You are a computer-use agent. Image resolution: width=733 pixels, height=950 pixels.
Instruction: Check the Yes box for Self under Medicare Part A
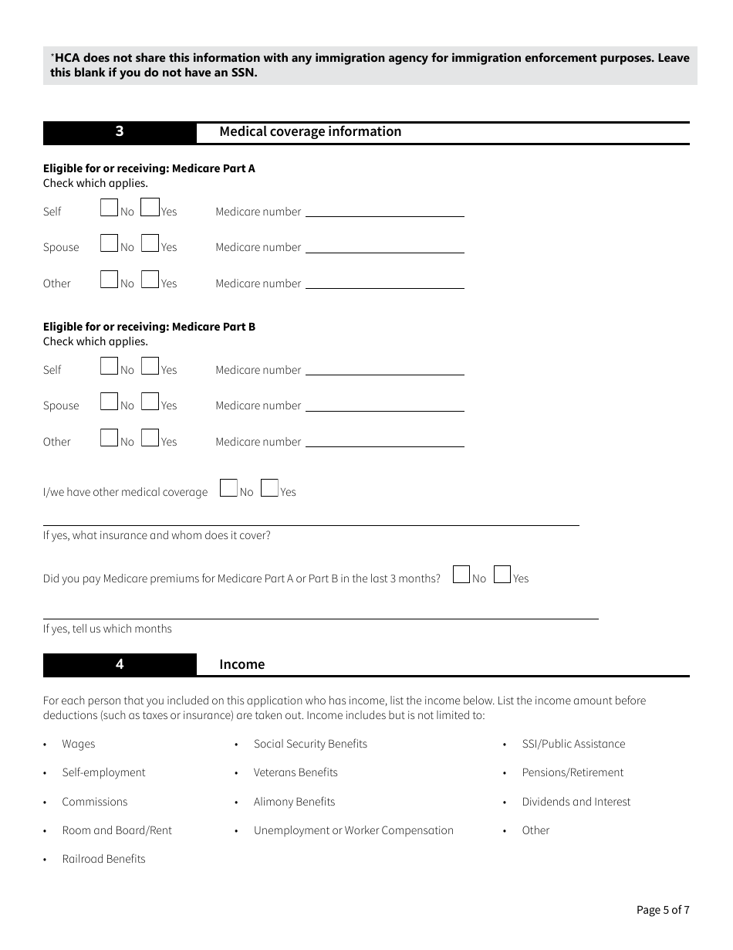coord(150,208)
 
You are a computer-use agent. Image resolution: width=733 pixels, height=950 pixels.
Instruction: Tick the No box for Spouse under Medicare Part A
coord(109,243)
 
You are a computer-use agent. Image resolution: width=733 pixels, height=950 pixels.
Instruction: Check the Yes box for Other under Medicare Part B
coord(150,438)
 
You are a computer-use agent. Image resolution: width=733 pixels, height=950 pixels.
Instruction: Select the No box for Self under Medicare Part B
coord(109,366)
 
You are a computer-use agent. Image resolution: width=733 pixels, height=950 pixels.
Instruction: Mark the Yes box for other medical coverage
coord(269,488)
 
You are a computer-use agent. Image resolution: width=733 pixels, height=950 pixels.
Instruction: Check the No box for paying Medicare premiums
coord(461,575)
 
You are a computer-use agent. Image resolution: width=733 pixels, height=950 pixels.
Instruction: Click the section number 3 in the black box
coord(120,131)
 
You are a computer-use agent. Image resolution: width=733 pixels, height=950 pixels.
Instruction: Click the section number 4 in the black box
coord(120,664)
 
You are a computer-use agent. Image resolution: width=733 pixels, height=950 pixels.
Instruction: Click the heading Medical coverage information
coord(310,131)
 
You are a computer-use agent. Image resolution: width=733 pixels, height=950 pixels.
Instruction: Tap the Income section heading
coord(242,664)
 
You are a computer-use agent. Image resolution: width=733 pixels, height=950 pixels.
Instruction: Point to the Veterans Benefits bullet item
coord(296,772)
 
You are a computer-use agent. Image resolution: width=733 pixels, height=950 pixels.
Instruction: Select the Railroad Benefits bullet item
coord(103,859)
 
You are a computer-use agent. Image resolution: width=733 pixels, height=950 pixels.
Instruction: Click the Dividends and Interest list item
coord(576,802)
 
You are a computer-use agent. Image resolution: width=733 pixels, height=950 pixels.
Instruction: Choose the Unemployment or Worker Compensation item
coord(353,830)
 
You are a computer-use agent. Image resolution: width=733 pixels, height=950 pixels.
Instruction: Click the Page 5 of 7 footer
coord(663,910)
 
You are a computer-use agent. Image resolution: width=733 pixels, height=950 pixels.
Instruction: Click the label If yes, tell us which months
coord(107,629)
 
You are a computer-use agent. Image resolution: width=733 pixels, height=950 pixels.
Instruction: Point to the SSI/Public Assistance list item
coord(573,744)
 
